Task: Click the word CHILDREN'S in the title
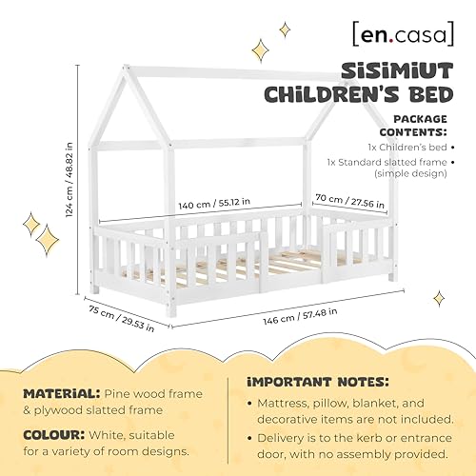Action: click(374, 93)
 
